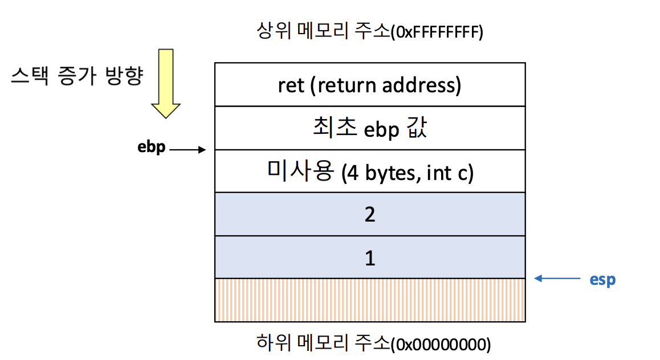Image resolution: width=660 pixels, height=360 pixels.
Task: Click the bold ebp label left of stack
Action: [x=152, y=148]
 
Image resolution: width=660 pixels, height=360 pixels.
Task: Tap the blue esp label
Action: [x=602, y=280]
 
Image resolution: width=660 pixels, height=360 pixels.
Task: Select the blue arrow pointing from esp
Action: [x=556, y=279]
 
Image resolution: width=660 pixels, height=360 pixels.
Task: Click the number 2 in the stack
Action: [x=370, y=215]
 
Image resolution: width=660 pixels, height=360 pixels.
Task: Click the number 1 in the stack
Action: [x=370, y=259]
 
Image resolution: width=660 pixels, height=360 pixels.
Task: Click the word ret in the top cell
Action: [x=291, y=85]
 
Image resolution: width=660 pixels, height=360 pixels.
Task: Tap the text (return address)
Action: [x=388, y=85]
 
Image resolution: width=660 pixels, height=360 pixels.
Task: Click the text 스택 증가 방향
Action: [x=76, y=77]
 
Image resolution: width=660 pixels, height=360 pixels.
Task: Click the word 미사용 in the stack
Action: [x=299, y=171]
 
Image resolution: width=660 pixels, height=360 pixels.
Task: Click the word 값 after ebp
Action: [x=416, y=129]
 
